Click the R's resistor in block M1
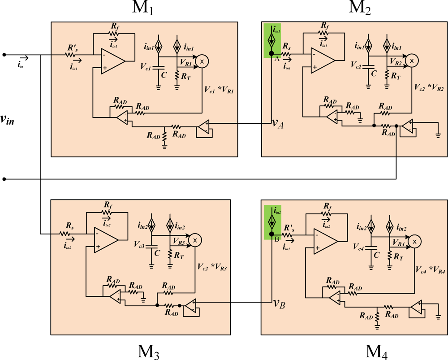tap(71, 55)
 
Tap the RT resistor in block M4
tap(390, 256)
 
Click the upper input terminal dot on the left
tap(4, 55)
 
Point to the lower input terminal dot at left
tap(4, 179)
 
